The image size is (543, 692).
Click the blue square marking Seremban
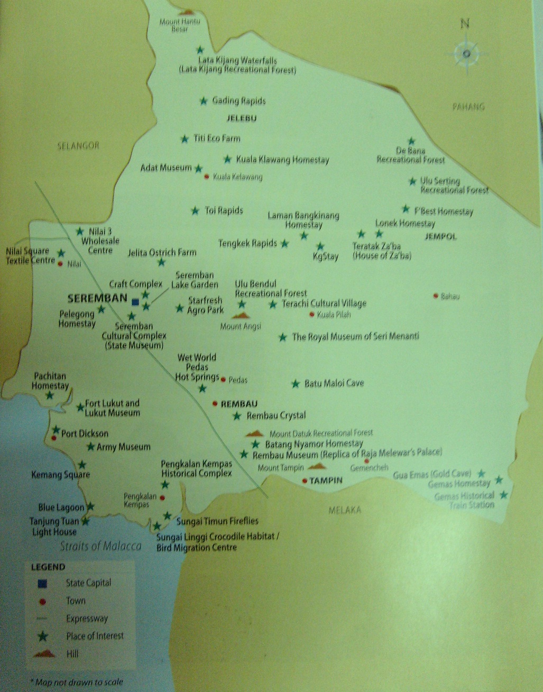[135, 302]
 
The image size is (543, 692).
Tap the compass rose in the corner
[466, 53]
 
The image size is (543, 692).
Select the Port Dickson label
[85, 433]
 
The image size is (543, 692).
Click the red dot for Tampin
[305, 481]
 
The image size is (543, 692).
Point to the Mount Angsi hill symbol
[241, 316]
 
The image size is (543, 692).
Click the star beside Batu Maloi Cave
[296, 384]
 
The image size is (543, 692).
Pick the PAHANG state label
[468, 107]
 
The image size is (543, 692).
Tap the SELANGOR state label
[78, 145]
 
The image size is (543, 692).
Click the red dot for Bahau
[436, 296]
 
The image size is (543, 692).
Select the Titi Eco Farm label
[217, 139]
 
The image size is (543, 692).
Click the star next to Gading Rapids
[204, 101]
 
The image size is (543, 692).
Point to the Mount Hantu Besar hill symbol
[186, 12]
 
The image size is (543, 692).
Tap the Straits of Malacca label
[100, 546]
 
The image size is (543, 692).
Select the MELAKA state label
[345, 510]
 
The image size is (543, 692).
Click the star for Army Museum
[90, 447]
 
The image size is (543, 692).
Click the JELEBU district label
[241, 118]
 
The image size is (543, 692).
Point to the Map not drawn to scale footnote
[77, 682]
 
